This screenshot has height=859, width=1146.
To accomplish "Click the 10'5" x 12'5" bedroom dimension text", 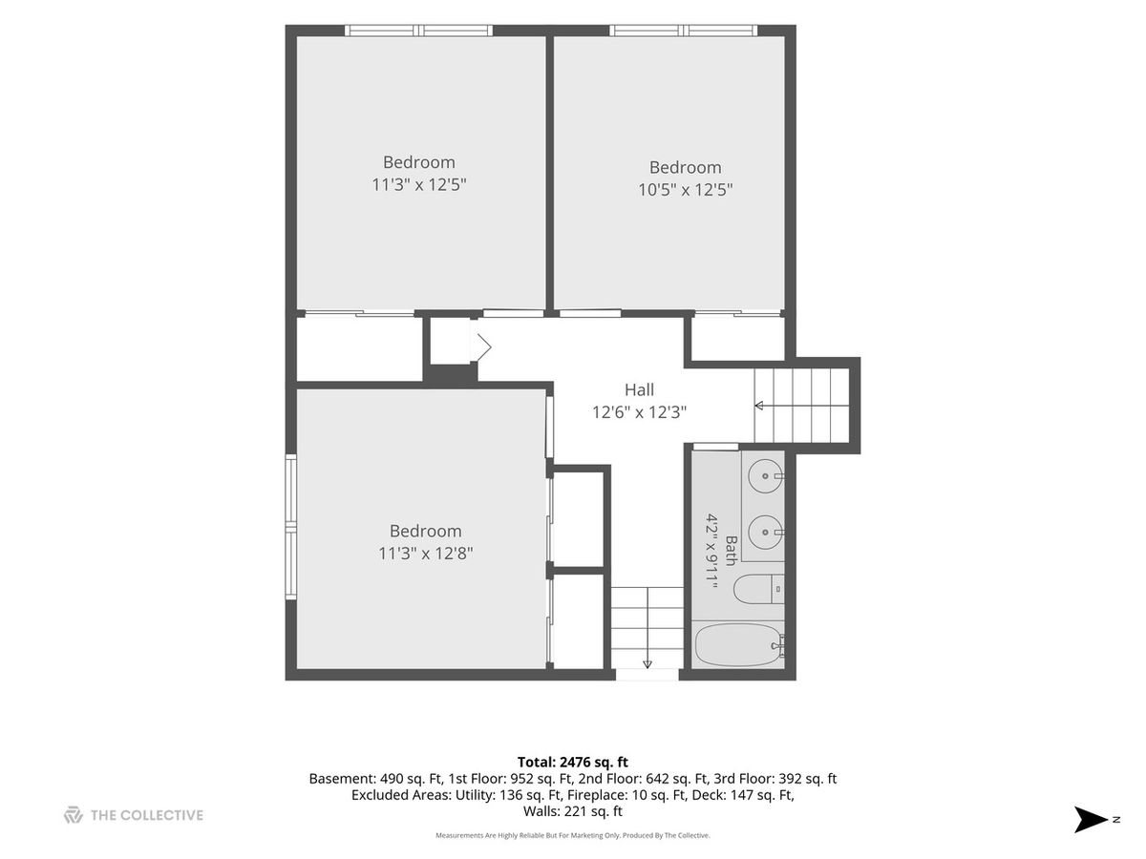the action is point(685,189).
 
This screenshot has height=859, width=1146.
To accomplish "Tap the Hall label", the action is point(639,389).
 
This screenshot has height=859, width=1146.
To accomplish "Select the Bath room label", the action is point(731,551).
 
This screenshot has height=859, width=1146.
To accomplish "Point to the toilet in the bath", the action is point(758,589).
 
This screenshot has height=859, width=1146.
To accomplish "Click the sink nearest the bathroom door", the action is point(766,475).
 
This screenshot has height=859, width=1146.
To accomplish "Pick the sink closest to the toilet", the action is point(766,532).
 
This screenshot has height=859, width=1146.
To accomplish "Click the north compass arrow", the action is point(1090,819).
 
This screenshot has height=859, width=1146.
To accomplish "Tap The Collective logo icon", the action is point(74,815).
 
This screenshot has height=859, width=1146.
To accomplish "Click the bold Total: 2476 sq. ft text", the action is point(573,762).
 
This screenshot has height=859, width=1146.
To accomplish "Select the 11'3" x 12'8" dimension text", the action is point(426,553).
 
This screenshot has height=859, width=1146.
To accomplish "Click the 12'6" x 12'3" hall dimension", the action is point(639,412).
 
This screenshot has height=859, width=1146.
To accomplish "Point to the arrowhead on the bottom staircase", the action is point(647,664).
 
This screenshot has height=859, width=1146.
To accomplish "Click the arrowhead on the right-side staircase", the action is point(759,406).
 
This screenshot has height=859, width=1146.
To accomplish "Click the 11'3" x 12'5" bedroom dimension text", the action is point(418,184).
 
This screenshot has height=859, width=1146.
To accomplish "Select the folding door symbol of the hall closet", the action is point(481,346).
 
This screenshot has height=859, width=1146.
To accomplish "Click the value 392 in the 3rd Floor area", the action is point(790,779).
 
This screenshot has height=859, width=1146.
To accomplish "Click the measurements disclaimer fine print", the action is point(573,835).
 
